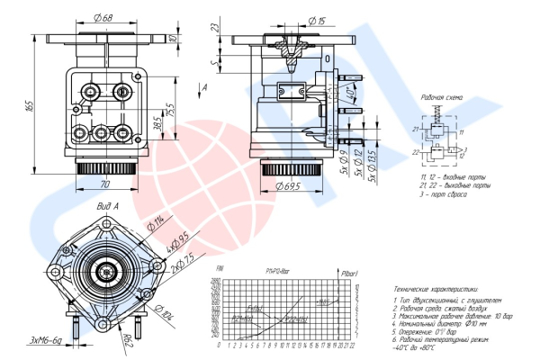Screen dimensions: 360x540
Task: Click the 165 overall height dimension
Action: click(29, 105)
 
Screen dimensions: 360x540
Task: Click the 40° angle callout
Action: click(350, 93)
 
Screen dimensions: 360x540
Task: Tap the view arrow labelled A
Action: click(206, 86)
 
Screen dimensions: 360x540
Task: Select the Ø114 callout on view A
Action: click(158, 222)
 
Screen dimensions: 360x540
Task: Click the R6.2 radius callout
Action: click(128, 339)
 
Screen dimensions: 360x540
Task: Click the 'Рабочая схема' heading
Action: click(441, 95)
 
